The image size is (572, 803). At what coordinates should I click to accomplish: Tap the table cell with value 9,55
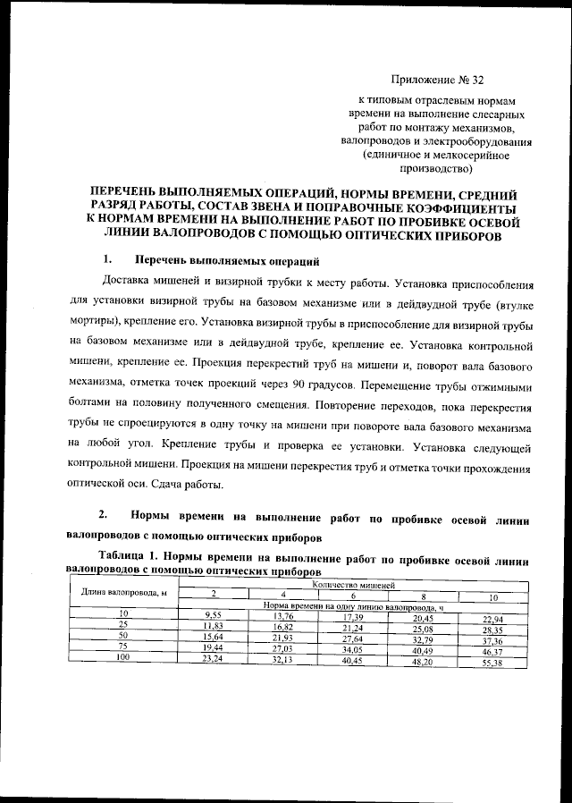(x=213, y=617)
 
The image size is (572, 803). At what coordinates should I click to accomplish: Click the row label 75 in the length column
(x=125, y=646)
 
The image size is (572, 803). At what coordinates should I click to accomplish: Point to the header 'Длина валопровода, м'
(x=124, y=592)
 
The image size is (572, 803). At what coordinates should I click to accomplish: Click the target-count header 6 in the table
(x=353, y=596)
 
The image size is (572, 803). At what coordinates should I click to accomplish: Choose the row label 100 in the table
(x=125, y=656)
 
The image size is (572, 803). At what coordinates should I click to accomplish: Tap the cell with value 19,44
(x=213, y=647)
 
